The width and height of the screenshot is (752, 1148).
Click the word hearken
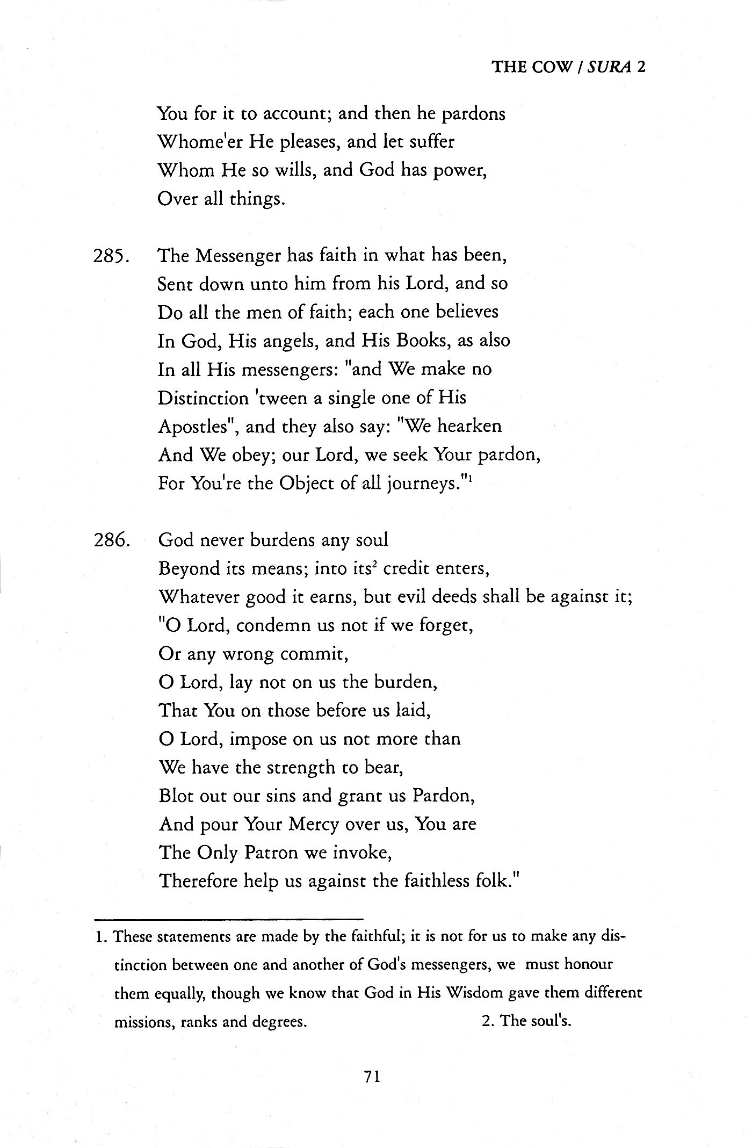click(469, 426)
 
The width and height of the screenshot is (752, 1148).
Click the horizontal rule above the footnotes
click(228, 918)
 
